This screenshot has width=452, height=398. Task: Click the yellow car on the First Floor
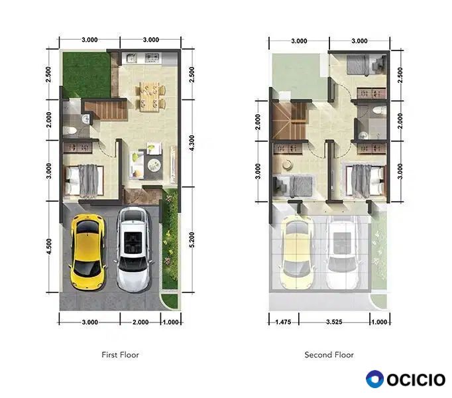(87, 252)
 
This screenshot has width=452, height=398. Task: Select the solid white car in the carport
(133, 249)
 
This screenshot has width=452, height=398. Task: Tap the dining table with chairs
(149, 96)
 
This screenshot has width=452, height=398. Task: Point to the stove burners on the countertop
(152, 58)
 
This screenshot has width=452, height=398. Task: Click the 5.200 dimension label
(192, 239)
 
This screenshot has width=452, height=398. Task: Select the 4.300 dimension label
(192, 143)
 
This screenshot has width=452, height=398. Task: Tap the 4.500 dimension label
(49, 246)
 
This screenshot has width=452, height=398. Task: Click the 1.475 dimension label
(283, 322)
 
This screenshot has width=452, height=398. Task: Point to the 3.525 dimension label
(334, 322)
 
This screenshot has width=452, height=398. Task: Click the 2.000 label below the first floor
(141, 322)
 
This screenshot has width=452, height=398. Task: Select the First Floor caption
(120, 355)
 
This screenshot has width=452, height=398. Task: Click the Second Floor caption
(329, 355)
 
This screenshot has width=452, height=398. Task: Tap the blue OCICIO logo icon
(374, 379)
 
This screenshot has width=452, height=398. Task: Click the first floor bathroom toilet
(70, 131)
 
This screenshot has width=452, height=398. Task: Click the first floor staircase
(105, 109)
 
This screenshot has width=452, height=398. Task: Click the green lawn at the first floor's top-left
(86, 74)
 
